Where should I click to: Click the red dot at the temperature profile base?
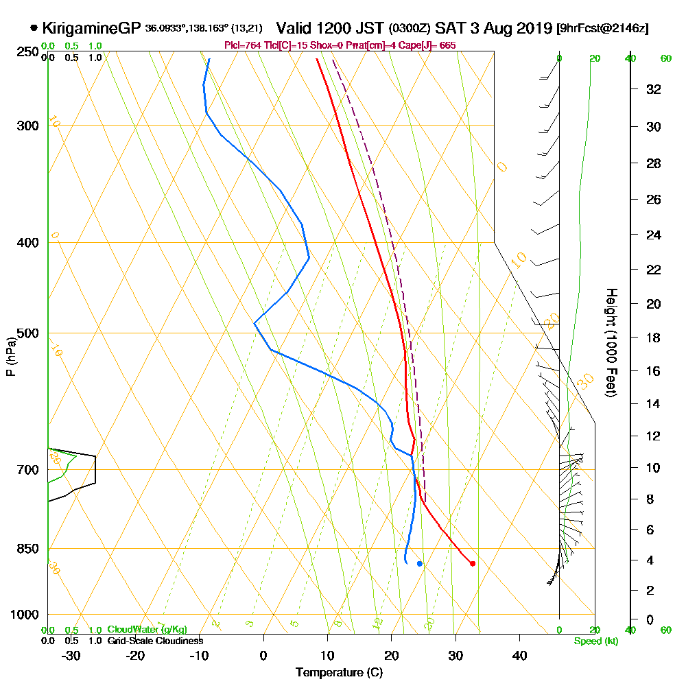[473, 564]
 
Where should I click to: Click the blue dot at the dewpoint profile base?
[419, 564]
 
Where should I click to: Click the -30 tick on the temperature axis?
[71, 655]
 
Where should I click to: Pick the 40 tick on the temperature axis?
[520, 655]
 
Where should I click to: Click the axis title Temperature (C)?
[339, 672]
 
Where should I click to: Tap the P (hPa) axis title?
[10, 357]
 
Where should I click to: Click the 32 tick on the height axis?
[654, 89]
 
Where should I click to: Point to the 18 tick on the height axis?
[654, 338]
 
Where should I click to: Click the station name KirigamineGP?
[91, 28]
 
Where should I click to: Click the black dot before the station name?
[34, 28]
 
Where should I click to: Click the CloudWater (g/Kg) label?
[147, 629]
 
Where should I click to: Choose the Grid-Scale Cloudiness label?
[155, 641]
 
